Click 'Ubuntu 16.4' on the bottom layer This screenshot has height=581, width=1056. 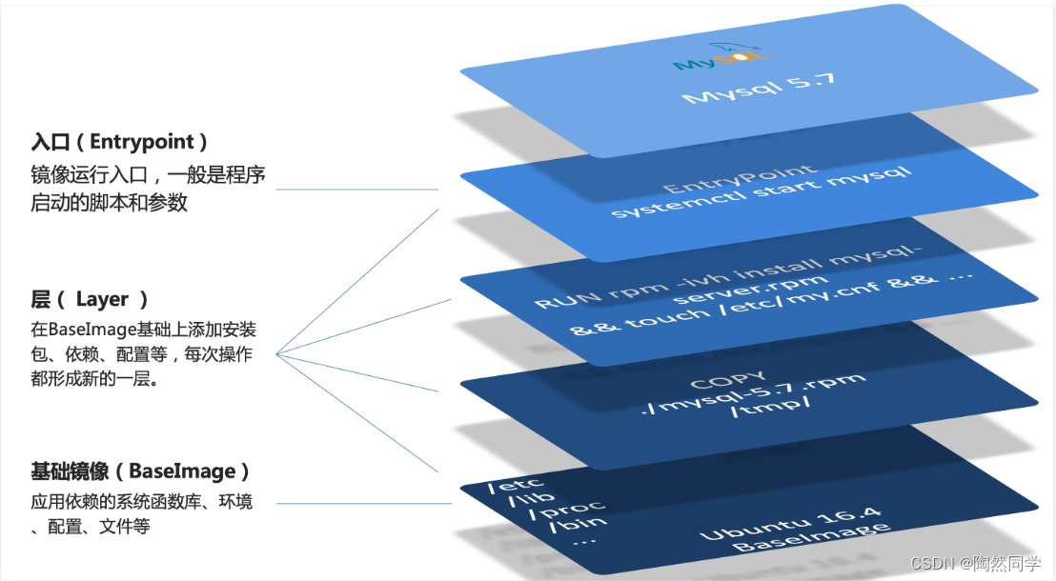789,524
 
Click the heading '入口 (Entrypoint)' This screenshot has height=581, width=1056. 119,142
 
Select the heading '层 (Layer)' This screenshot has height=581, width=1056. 90,299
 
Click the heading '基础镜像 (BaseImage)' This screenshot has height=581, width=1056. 139,471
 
